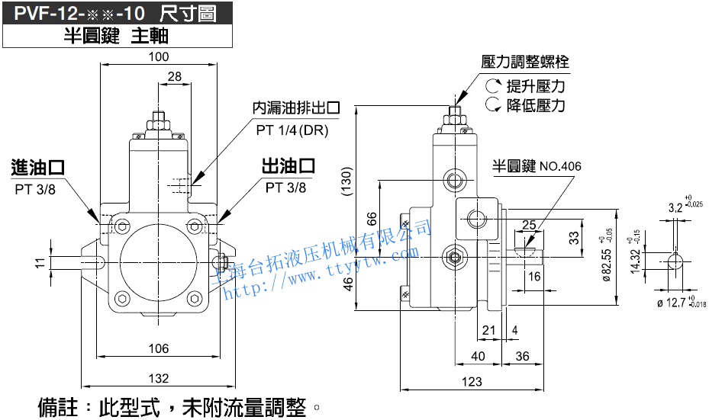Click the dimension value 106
(x=159, y=348)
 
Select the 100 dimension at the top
(x=159, y=57)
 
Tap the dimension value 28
(x=174, y=76)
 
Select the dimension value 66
(x=372, y=218)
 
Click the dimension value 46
(x=372, y=284)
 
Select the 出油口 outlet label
(x=288, y=165)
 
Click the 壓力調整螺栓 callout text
(x=526, y=62)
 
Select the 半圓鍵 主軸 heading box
(x=115, y=35)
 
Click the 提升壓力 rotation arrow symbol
(x=492, y=85)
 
